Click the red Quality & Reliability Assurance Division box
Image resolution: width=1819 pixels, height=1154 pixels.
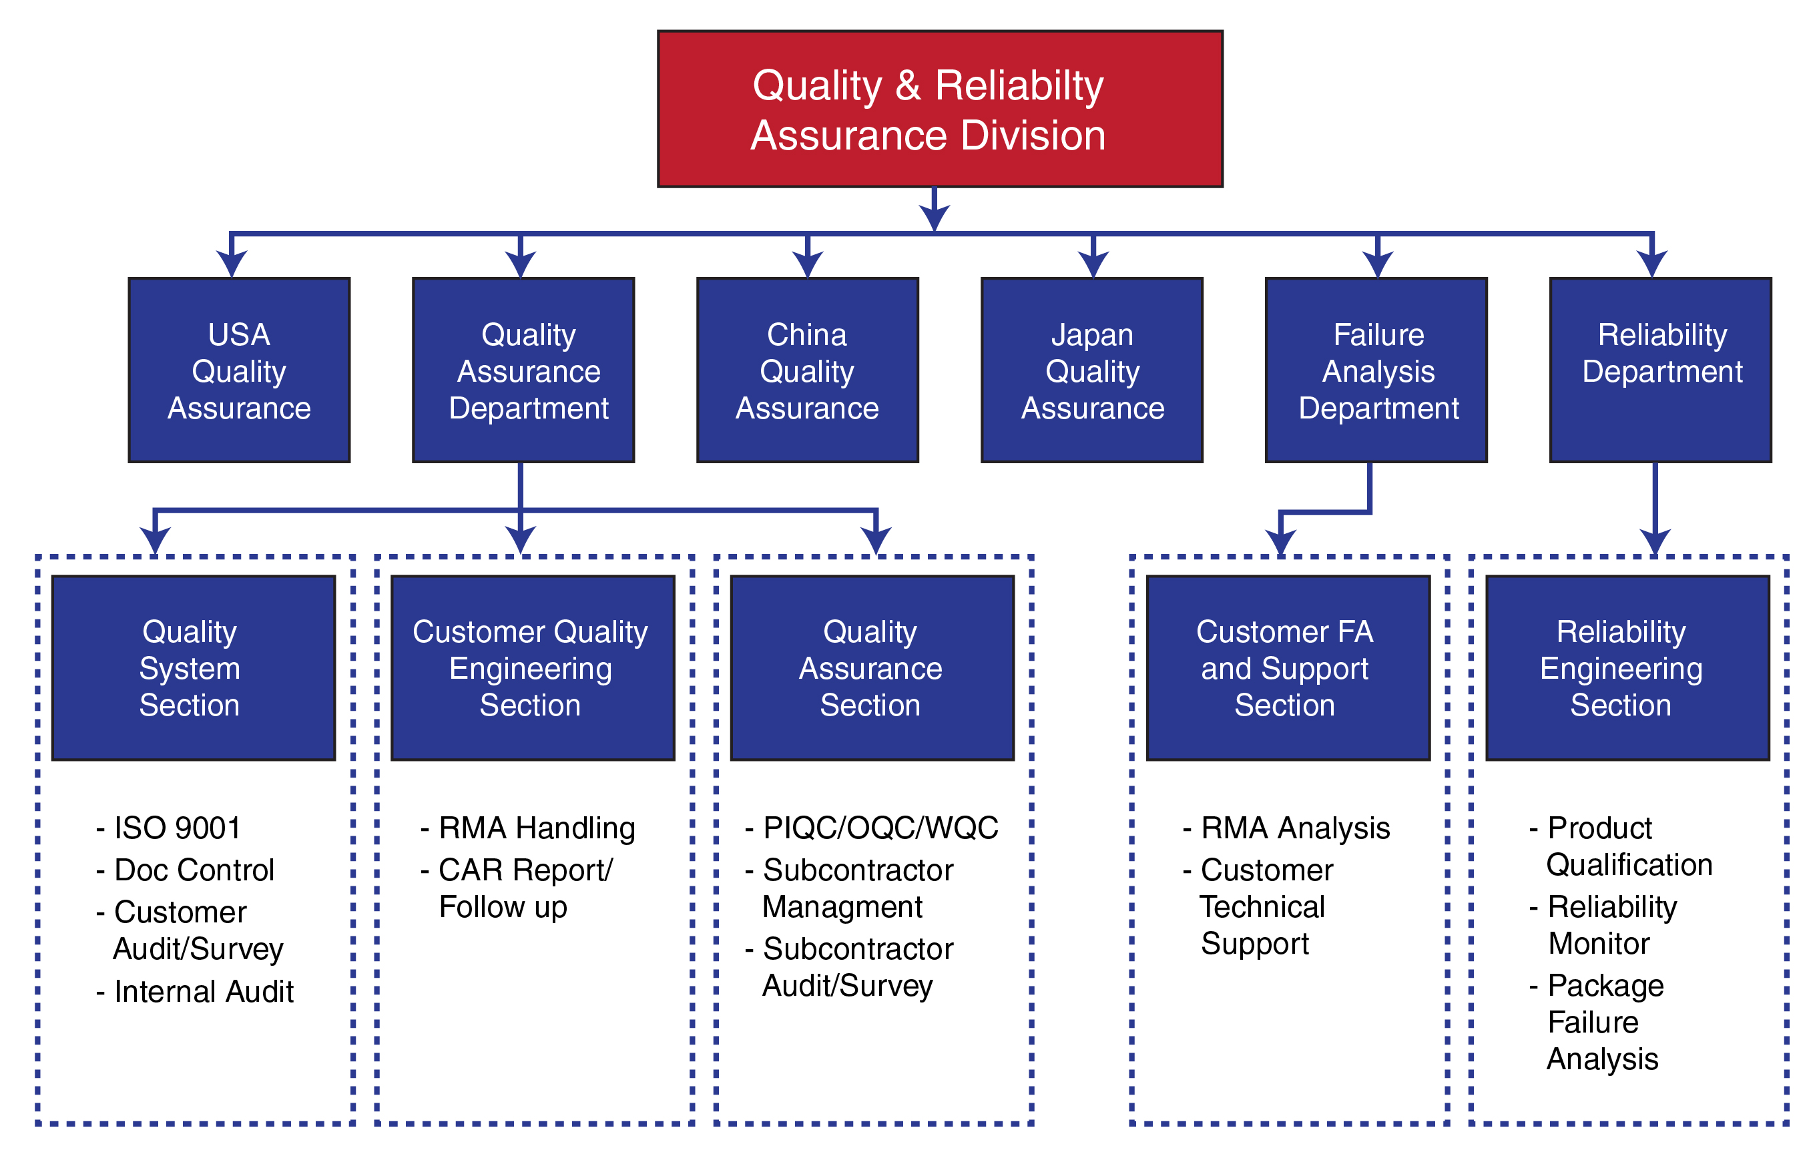point(940,109)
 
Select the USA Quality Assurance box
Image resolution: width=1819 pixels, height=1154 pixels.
point(239,370)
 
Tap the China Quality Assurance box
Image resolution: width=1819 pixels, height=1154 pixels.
point(808,370)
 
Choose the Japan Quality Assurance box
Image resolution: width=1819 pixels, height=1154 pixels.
point(1091,370)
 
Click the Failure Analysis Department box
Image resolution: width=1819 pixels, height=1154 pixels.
point(1376,370)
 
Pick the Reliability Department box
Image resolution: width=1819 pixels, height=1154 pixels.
point(1660,370)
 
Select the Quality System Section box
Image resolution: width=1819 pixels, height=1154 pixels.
point(194,667)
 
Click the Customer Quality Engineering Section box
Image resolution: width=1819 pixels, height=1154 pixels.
point(533,667)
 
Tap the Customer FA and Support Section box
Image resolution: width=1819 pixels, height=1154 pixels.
point(1288,667)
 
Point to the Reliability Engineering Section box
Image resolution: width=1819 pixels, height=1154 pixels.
point(1628,667)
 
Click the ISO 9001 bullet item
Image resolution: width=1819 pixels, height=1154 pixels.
point(168,828)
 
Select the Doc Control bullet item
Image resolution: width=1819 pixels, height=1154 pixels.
point(185,870)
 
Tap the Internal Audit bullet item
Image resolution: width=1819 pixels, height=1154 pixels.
point(195,992)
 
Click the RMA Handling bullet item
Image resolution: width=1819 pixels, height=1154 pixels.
point(528,828)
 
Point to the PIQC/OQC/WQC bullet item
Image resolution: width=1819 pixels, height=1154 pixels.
point(872,828)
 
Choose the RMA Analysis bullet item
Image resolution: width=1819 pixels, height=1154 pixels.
point(1286,828)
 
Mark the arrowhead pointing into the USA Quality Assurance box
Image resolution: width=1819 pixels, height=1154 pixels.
point(232,264)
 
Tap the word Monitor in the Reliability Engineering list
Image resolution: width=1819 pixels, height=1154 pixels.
point(1599,944)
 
